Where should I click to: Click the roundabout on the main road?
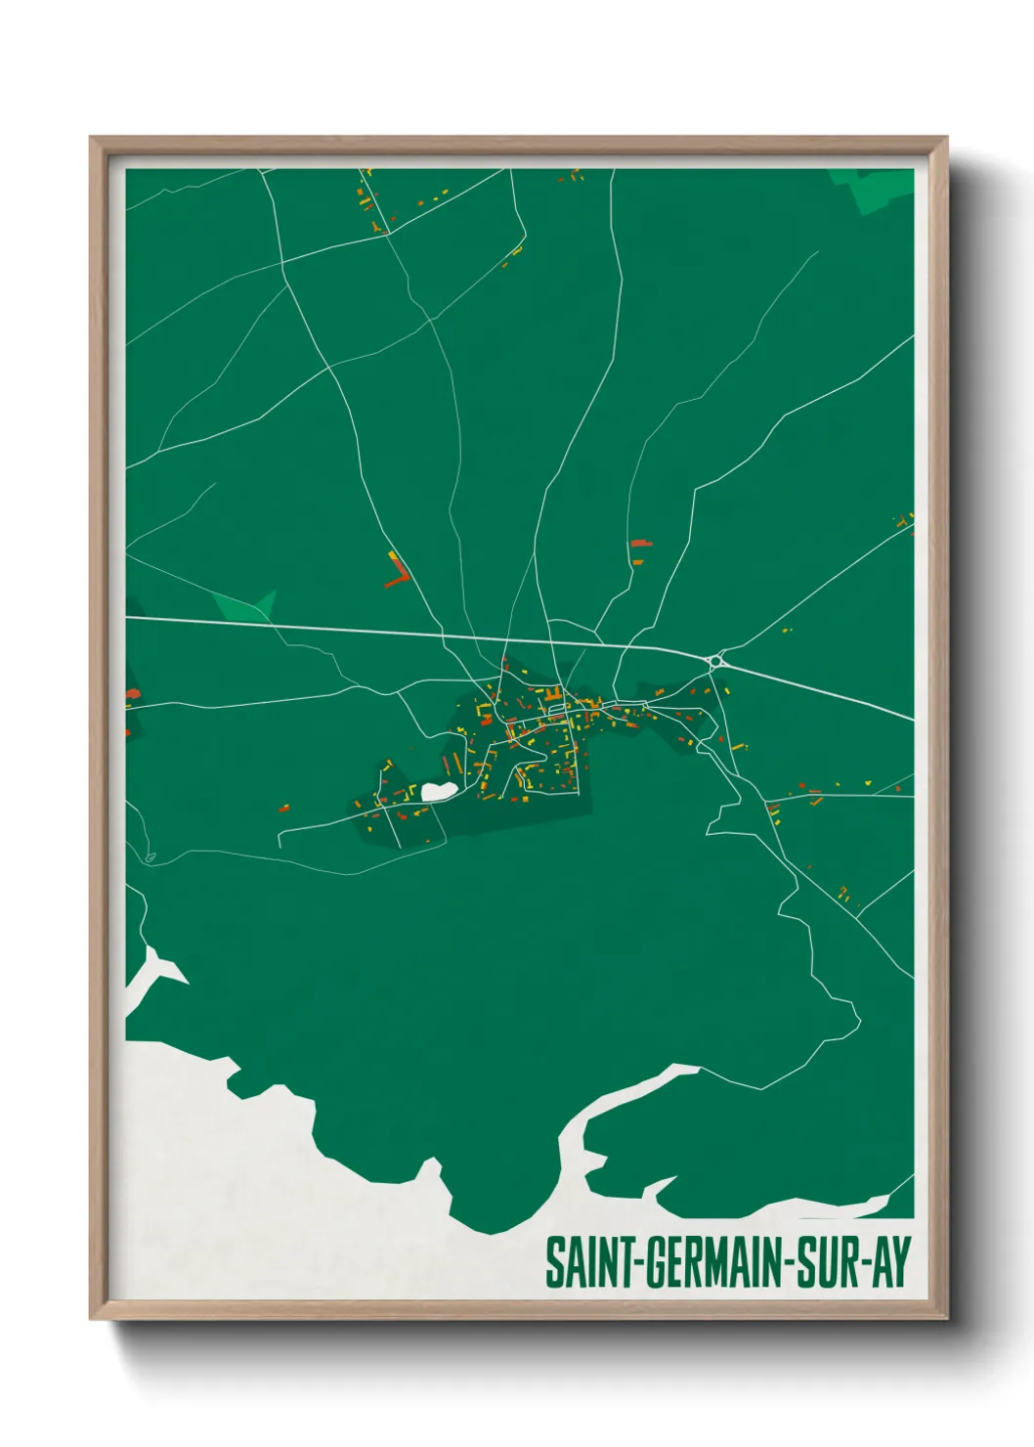click(x=716, y=661)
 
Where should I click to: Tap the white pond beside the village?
click(x=438, y=790)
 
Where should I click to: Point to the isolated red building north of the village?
click(x=640, y=543)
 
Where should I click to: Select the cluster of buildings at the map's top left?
click(x=369, y=200)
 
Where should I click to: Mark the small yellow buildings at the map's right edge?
click(x=904, y=520)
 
